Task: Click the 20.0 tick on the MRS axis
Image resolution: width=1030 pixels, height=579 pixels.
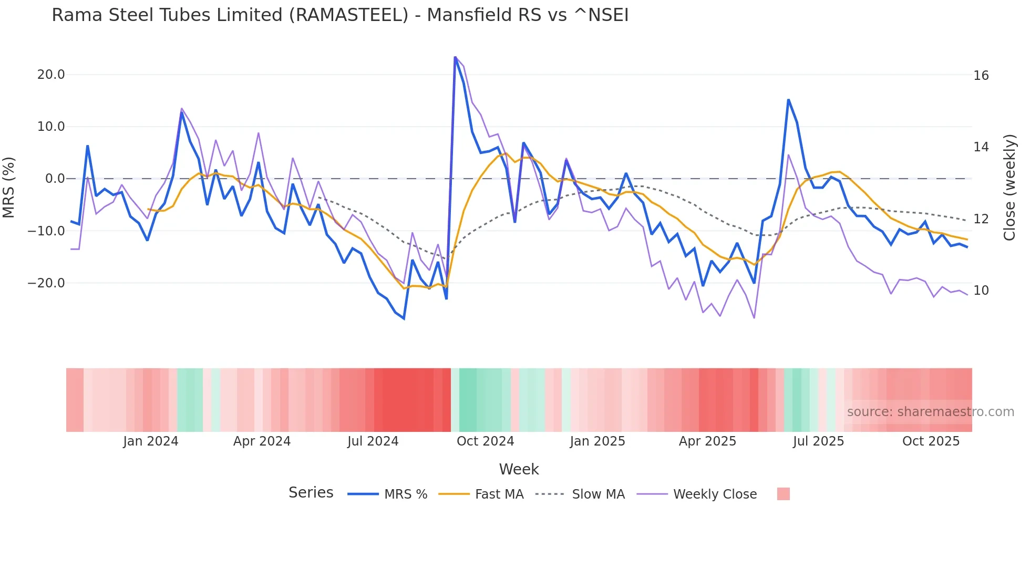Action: (51, 75)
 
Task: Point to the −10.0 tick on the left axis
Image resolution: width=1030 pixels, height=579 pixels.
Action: (47, 231)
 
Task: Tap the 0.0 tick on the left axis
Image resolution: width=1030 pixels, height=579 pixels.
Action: (55, 179)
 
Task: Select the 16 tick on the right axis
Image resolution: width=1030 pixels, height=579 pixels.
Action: (981, 76)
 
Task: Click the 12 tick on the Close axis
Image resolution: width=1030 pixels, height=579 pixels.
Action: (981, 219)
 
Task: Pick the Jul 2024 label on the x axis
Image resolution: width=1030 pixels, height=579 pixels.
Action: (373, 441)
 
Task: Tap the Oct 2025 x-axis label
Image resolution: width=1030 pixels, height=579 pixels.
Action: (931, 441)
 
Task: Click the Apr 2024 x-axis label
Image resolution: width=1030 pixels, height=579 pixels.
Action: (262, 441)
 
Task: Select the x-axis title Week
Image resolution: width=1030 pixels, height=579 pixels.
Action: (519, 469)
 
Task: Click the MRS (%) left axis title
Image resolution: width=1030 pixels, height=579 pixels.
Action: (9, 187)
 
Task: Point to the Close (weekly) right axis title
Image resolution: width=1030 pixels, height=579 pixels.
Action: (1010, 188)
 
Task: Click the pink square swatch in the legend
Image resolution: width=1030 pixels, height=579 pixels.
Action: (783, 494)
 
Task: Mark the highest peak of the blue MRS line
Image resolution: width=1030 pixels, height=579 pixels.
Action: (455, 57)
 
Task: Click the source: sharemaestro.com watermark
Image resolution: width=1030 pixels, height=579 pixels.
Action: (930, 412)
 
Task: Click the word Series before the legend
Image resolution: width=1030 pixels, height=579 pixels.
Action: (311, 493)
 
